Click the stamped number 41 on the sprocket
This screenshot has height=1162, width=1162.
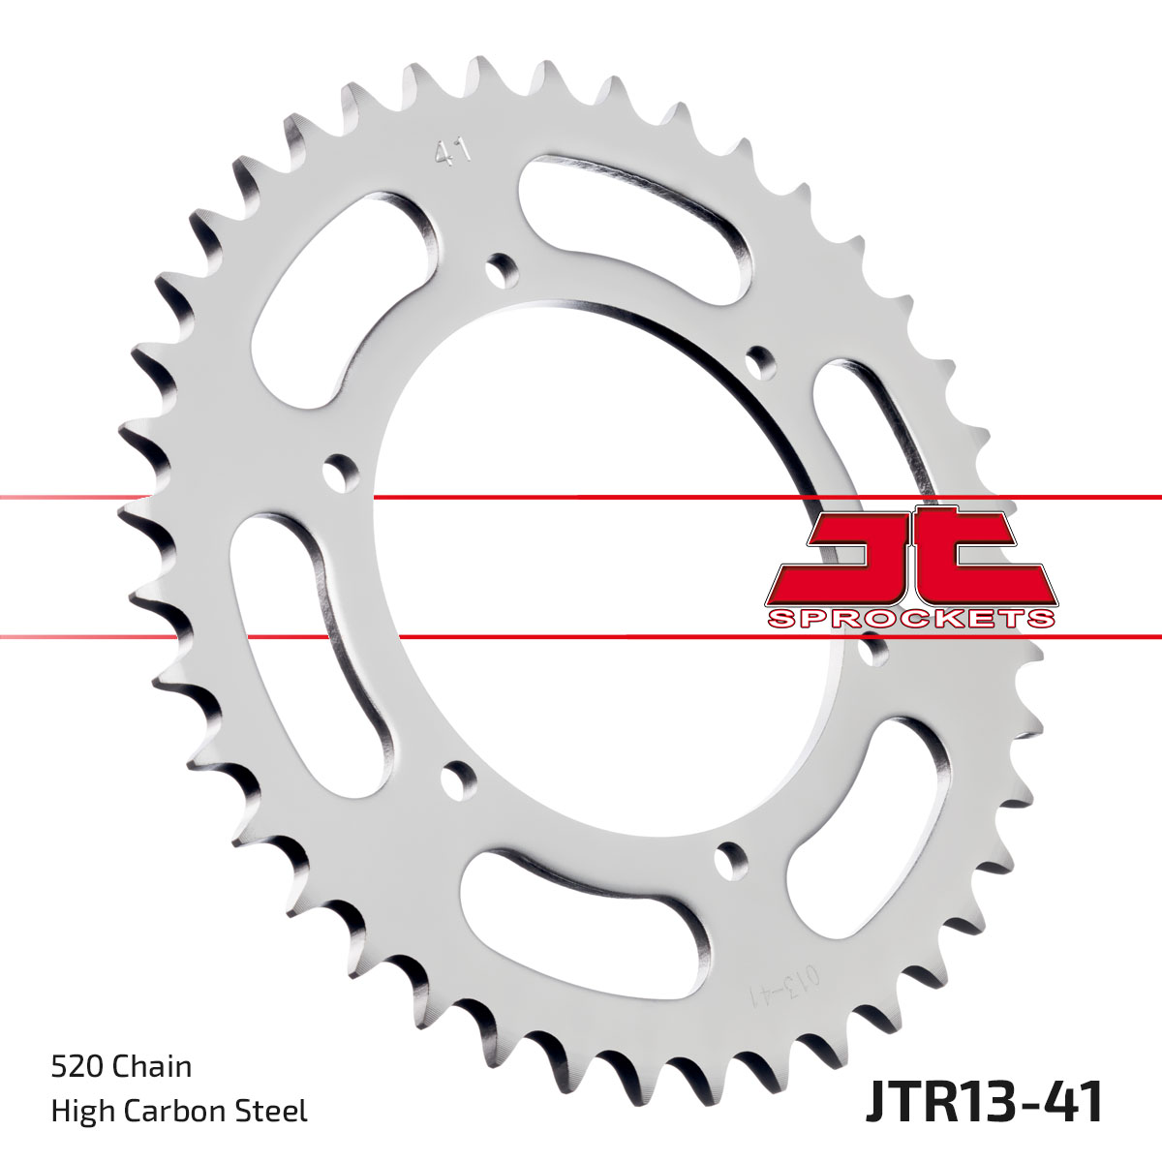452,152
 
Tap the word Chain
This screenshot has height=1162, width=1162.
153,1067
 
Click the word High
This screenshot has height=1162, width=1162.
79,1111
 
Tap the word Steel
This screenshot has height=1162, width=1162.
277,1111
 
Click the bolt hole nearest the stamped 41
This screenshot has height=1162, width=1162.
501,268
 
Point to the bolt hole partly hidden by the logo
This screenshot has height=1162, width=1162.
874,650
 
